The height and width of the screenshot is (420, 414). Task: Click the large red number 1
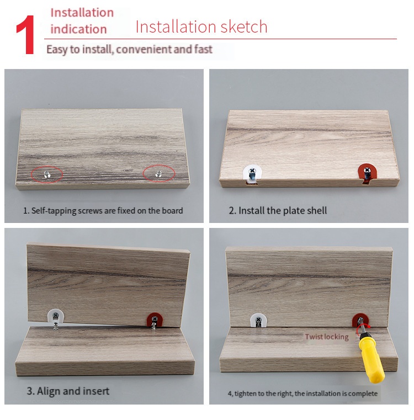(26, 35)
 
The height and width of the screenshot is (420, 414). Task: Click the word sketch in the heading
(244, 27)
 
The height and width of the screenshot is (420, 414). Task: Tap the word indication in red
(78, 29)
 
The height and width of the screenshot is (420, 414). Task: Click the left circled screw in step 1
(47, 174)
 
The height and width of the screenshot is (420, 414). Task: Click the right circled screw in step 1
(158, 174)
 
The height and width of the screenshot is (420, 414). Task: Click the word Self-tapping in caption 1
(54, 211)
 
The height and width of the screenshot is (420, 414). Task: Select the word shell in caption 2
(317, 210)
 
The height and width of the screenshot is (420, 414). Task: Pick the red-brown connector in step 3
(155, 320)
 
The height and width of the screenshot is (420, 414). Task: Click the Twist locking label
(327, 337)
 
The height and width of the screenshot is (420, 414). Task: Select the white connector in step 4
(258, 320)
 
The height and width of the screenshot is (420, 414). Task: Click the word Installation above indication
(82, 13)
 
